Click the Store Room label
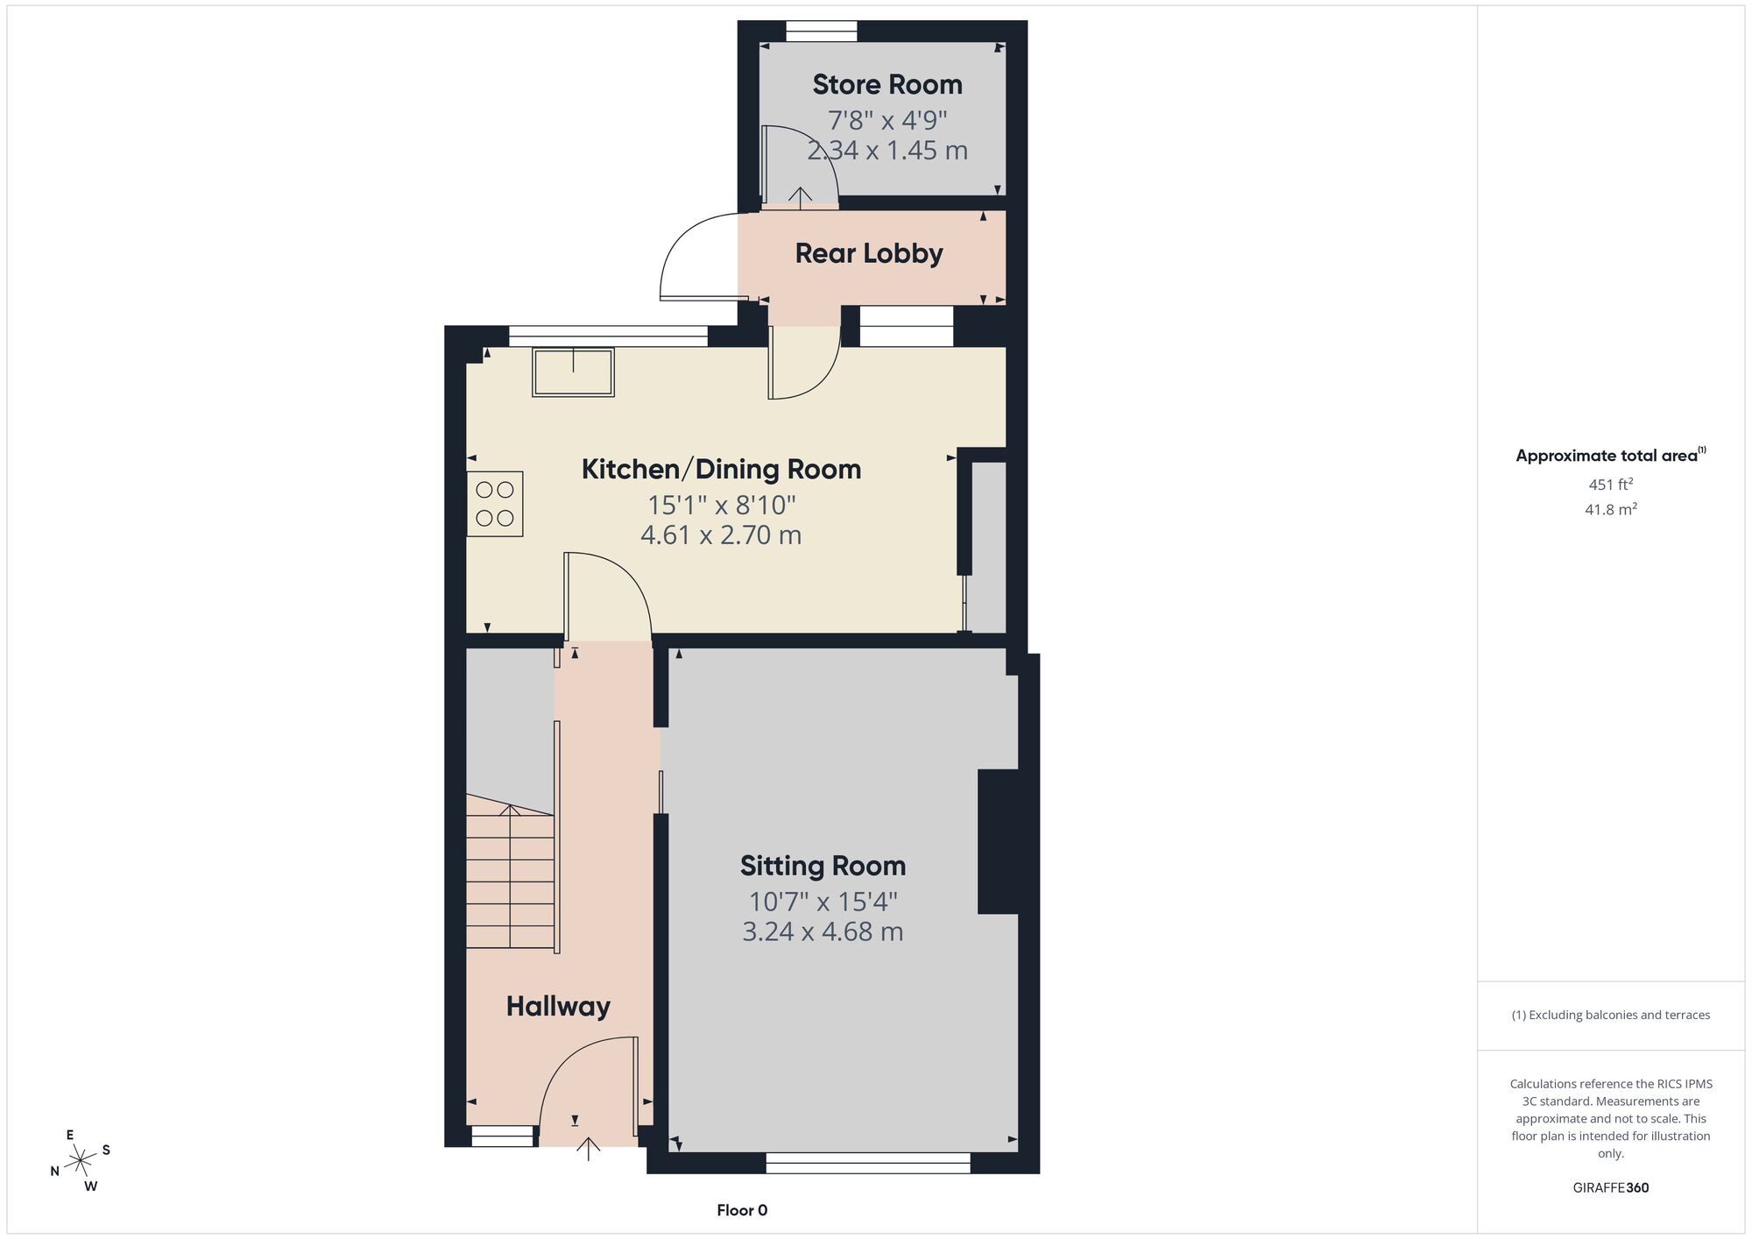887,84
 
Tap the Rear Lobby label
869,253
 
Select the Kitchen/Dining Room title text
721,469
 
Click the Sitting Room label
823,866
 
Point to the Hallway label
558,1006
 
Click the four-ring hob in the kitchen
495,504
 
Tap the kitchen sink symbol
573,372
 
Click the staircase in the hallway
510,871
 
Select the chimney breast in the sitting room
998,842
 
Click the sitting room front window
868,1163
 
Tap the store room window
822,32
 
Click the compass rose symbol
81,1160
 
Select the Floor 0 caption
742,1210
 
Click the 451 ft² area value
1611,484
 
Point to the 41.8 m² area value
1611,509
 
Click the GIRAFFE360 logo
1611,1188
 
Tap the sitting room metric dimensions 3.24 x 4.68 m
823,931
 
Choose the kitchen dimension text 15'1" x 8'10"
721,506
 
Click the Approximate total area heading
1611,455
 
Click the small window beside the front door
503,1136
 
